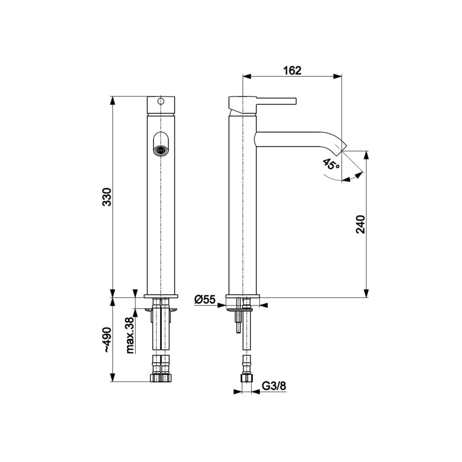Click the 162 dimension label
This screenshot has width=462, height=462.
click(292, 70)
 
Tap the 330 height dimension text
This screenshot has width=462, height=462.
click(107, 197)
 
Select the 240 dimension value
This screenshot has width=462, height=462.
click(360, 224)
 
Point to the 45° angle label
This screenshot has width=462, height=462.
click(331, 164)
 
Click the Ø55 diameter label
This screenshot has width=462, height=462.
click(205, 300)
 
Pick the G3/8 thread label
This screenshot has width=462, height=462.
click(274, 386)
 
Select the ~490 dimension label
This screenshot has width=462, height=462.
click(107, 339)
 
